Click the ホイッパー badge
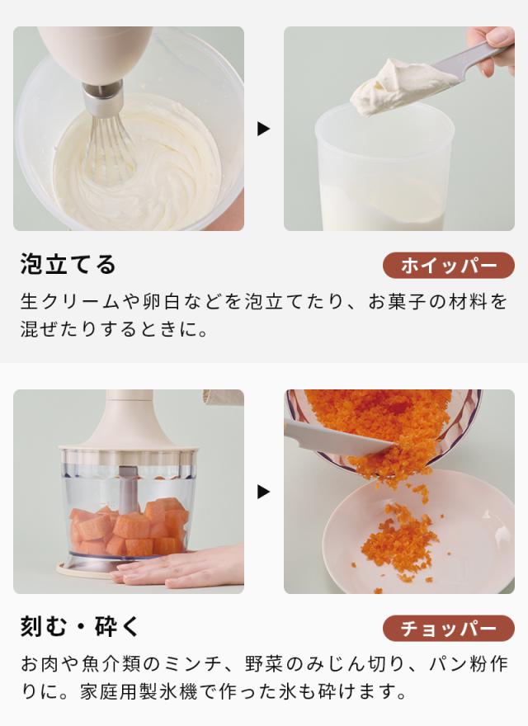pos(448,266)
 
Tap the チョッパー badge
pos(448,629)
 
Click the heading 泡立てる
pos(68,265)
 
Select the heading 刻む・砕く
pos(80,627)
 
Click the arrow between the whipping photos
pos(263,129)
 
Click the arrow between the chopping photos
pos(263,492)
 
